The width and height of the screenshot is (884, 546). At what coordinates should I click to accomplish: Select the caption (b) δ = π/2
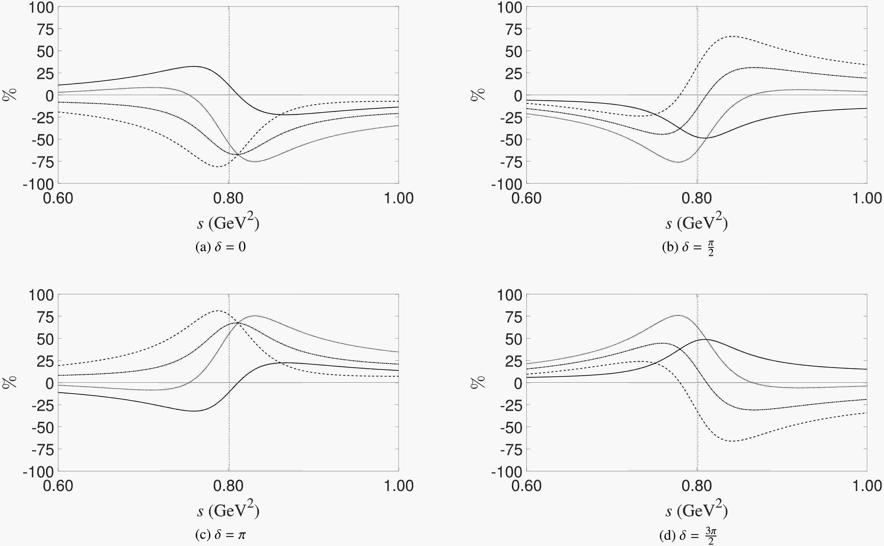point(688,248)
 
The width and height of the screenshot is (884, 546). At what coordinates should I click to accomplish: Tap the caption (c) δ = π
point(221,534)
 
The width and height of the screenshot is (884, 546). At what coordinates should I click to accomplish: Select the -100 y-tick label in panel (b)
point(507,184)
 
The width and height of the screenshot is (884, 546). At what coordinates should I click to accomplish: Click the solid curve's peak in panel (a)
point(194,66)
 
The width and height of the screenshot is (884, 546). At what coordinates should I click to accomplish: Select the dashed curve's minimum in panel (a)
point(218,166)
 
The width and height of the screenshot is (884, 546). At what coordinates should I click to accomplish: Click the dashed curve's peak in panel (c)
point(218,310)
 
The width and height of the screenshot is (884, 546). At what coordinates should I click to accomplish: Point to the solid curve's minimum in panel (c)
point(194,411)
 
